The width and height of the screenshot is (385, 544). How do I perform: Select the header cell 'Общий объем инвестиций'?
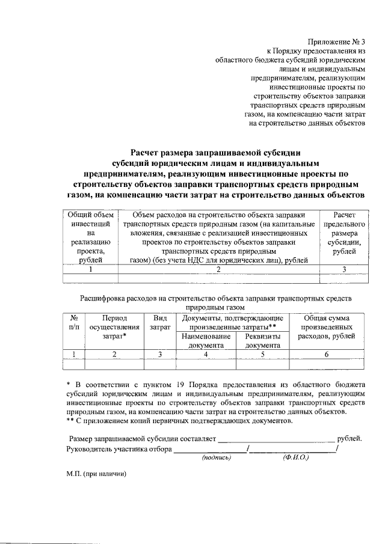tap(90, 237)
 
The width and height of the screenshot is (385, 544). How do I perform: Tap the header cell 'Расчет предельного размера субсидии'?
tap(343, 237)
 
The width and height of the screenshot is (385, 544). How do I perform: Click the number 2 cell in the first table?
tap(218, 269)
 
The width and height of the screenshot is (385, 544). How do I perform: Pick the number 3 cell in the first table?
tap(343, 269)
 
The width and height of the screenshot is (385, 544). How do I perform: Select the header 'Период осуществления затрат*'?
tap(114, 327)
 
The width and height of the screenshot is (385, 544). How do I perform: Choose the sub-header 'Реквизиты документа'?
tap(262, 341)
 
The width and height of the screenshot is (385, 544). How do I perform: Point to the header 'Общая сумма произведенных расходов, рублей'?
tap(327, 327)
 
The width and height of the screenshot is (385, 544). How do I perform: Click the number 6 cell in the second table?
tap(327, 355)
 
